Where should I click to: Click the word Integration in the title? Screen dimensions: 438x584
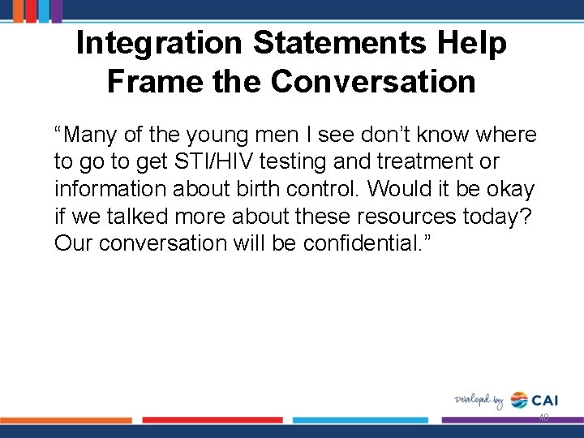[160, 43]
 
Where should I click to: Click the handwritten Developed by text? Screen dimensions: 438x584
[479, 400]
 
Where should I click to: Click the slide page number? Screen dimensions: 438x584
[543, 418]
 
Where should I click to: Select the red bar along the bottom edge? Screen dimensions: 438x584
[213, 420]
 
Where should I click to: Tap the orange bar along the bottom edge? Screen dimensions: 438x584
[65, 420]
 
